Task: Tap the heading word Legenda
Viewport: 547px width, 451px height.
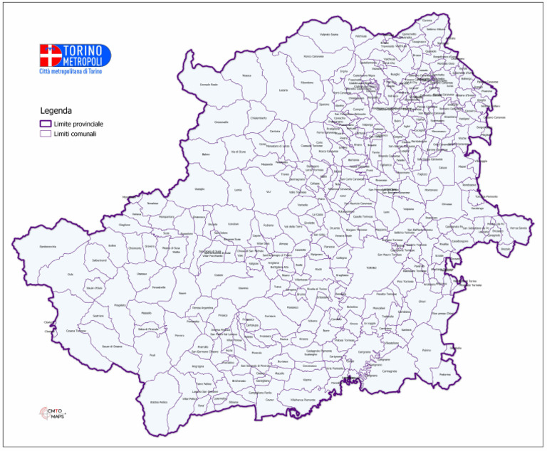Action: click(x=56, y=111)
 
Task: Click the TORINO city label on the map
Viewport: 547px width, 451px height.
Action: click(x=370, y=267)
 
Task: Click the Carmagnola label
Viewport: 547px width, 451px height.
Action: click(x=389, y=371)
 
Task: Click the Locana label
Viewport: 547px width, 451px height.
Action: click(x=283, y=90)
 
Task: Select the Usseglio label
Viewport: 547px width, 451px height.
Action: click(x=199, y=189)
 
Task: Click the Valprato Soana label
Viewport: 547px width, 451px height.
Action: click(x=329, y=34)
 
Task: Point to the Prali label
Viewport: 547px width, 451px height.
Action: click(x=152, y=354)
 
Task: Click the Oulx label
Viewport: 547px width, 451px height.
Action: click(x=70, y=274)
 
